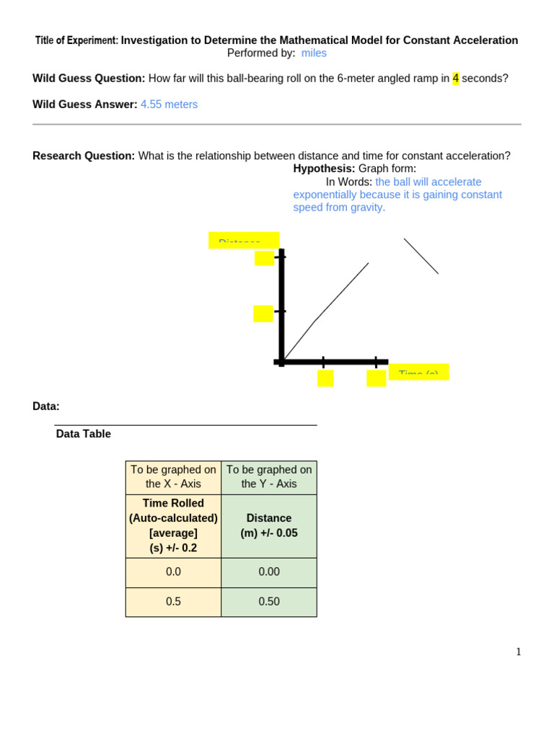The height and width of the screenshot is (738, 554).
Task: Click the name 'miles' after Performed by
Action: (x=314, y=53)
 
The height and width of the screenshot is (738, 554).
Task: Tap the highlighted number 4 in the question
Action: (x=455, y=79)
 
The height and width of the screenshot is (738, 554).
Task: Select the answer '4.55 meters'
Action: (x=169, y=105)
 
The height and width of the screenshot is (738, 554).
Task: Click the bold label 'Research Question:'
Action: (x=84, y=156)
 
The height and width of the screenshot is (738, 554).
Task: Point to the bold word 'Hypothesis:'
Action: (x=324, y=169)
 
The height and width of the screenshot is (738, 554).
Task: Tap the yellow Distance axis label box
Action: (x=244, y=241)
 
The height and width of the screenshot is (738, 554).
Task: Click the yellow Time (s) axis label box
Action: (x=418, y=372)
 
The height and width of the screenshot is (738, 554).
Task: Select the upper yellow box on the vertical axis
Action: (x=264, y=258)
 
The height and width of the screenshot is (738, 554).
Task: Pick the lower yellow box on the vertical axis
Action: (x=263, y=314)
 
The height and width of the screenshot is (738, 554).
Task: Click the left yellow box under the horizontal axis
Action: (x=325, y=378)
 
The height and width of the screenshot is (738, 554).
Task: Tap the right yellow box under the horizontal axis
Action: (x=376, y=378)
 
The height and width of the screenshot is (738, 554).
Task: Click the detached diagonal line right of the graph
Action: (x=421, y=257)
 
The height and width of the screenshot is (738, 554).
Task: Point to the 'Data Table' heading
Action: (x=84, y=434)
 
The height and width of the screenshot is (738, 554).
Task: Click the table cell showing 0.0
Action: (x=173, y=572)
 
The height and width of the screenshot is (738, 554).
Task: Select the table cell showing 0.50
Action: (x=269, y=602)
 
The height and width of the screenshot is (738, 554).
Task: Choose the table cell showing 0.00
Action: (x=269, y=572)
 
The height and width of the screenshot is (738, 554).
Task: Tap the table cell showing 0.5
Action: (x=173, y=602)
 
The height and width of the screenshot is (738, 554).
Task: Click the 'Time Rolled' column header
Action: (x=173, y=525)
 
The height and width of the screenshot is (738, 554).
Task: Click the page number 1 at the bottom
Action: (x=518, y=652)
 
